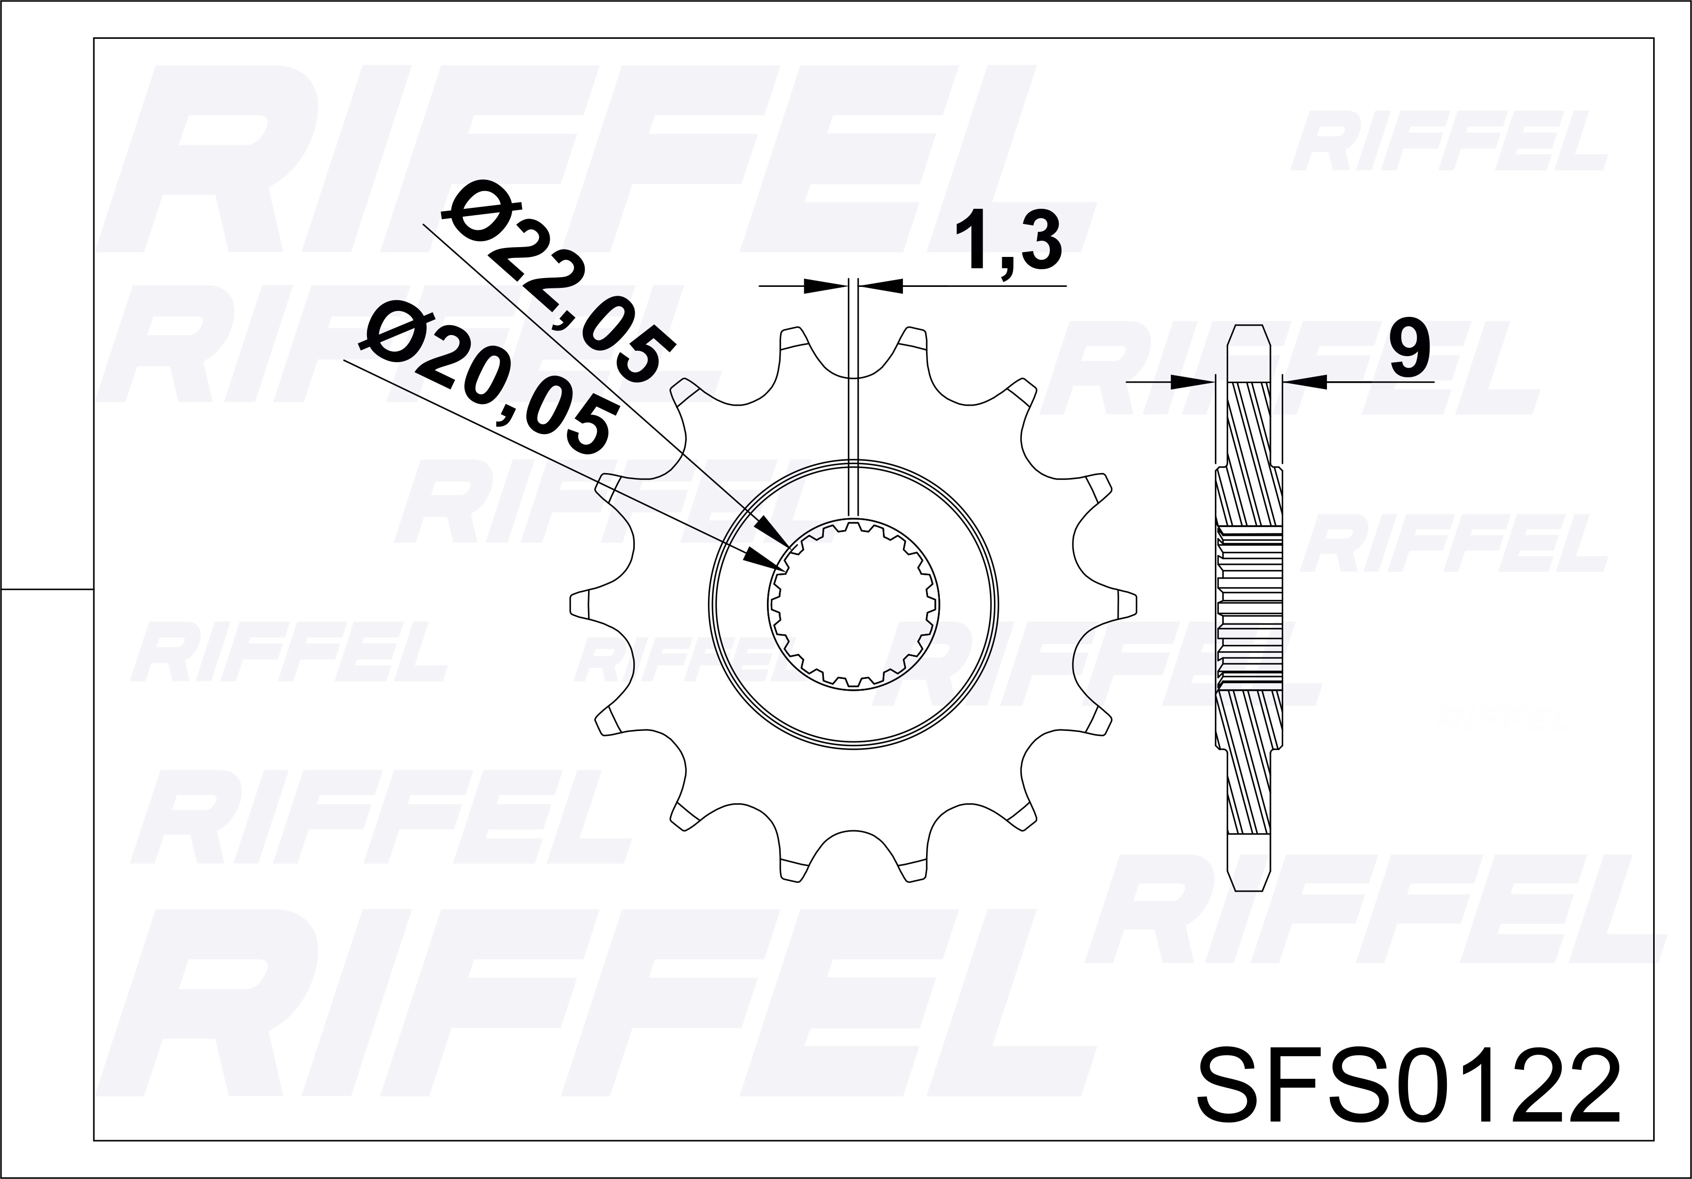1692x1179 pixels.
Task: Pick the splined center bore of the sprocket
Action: click(x=853, y=604)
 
